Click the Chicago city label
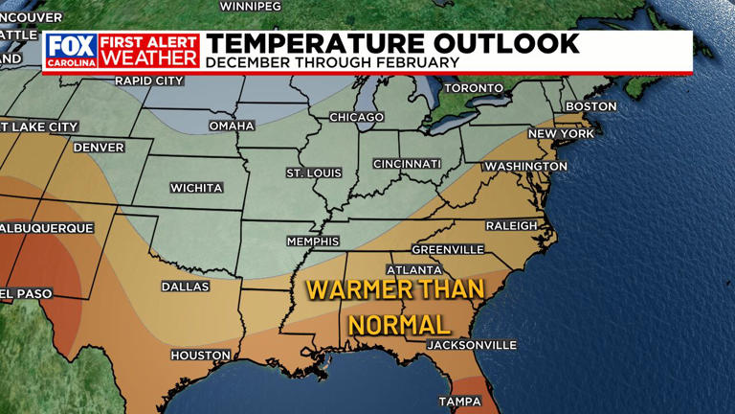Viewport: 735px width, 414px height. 356,117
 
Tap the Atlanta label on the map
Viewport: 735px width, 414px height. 414,269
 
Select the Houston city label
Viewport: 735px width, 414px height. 200,356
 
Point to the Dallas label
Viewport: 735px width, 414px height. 186,287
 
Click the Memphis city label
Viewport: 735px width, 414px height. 313,241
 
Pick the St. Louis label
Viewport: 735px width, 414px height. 313,172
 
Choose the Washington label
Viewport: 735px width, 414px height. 525,167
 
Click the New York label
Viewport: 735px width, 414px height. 561,133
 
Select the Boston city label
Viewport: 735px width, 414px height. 590,106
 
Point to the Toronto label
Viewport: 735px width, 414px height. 473,88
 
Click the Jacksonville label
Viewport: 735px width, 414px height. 471,345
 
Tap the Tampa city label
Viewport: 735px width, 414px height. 459,401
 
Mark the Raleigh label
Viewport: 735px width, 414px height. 511,225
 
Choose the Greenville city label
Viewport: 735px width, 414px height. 448,249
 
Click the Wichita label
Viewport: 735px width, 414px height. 196,188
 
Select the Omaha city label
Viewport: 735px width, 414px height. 232,126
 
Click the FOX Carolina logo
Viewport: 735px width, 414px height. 72,51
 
